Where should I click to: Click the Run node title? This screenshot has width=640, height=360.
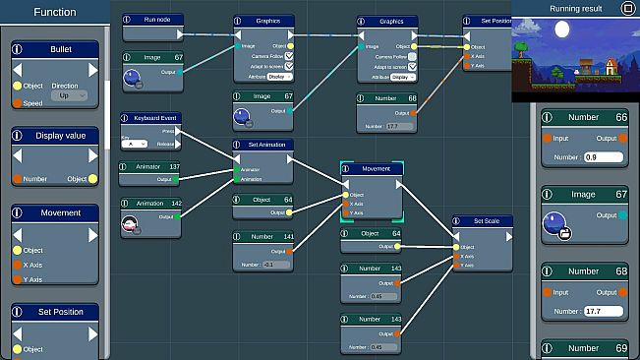coord(156,20)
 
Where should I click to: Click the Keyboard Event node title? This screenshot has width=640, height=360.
coord(155,118)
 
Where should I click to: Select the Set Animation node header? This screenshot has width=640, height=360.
coord(263,145)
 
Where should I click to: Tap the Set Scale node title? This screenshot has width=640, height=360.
coord(486,221)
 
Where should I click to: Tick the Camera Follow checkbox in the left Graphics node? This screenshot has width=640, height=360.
coord(287,56)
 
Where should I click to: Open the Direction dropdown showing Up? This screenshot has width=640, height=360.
coord(64,96)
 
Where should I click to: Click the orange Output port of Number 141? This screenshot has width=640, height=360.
coord(288,252)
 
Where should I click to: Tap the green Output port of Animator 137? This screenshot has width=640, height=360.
coord(176,180)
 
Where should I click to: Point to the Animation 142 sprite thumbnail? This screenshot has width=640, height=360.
coord(131,225)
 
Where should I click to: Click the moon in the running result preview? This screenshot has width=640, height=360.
coord(562,30)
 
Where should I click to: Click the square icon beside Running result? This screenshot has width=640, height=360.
coord(627,8)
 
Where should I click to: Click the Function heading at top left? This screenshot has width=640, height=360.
coord(54,13)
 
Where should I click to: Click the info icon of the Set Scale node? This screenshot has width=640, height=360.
coord(459,221)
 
